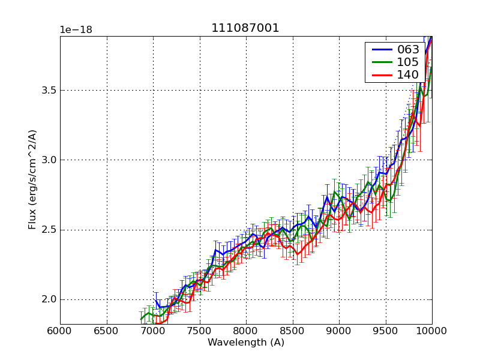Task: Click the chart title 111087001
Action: pyautogui.click(x=245, y=28)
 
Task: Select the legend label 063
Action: pyautogui.click(x=408, y=49)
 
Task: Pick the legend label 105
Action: pyautogui.click(x=408, y=62)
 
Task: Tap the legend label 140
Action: pyautogui.click(x=408, y=74)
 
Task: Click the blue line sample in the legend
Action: pyautogui.click(x=382, y=49)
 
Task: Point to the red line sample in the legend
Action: pyautogui.click(x=382, y=75)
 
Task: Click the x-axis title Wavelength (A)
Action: pyautogui.click(x=245, y=343)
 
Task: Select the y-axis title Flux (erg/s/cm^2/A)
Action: pyautogui.click(x=32, y=179)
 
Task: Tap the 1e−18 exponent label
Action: pyautogui.click(x=76, y=30)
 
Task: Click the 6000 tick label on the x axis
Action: pyautogui.click(x=60, y=331)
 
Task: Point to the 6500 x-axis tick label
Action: pyautogui.click(x=107, y=331)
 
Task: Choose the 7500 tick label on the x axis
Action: pyautogui.click(x=200, y=331)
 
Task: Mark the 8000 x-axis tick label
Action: pyautogui.click(x=246, y=331)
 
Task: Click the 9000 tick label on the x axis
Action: pyautogui.click(x=339, y=331)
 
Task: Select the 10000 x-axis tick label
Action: pyautogui.click(x=431, y=331)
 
